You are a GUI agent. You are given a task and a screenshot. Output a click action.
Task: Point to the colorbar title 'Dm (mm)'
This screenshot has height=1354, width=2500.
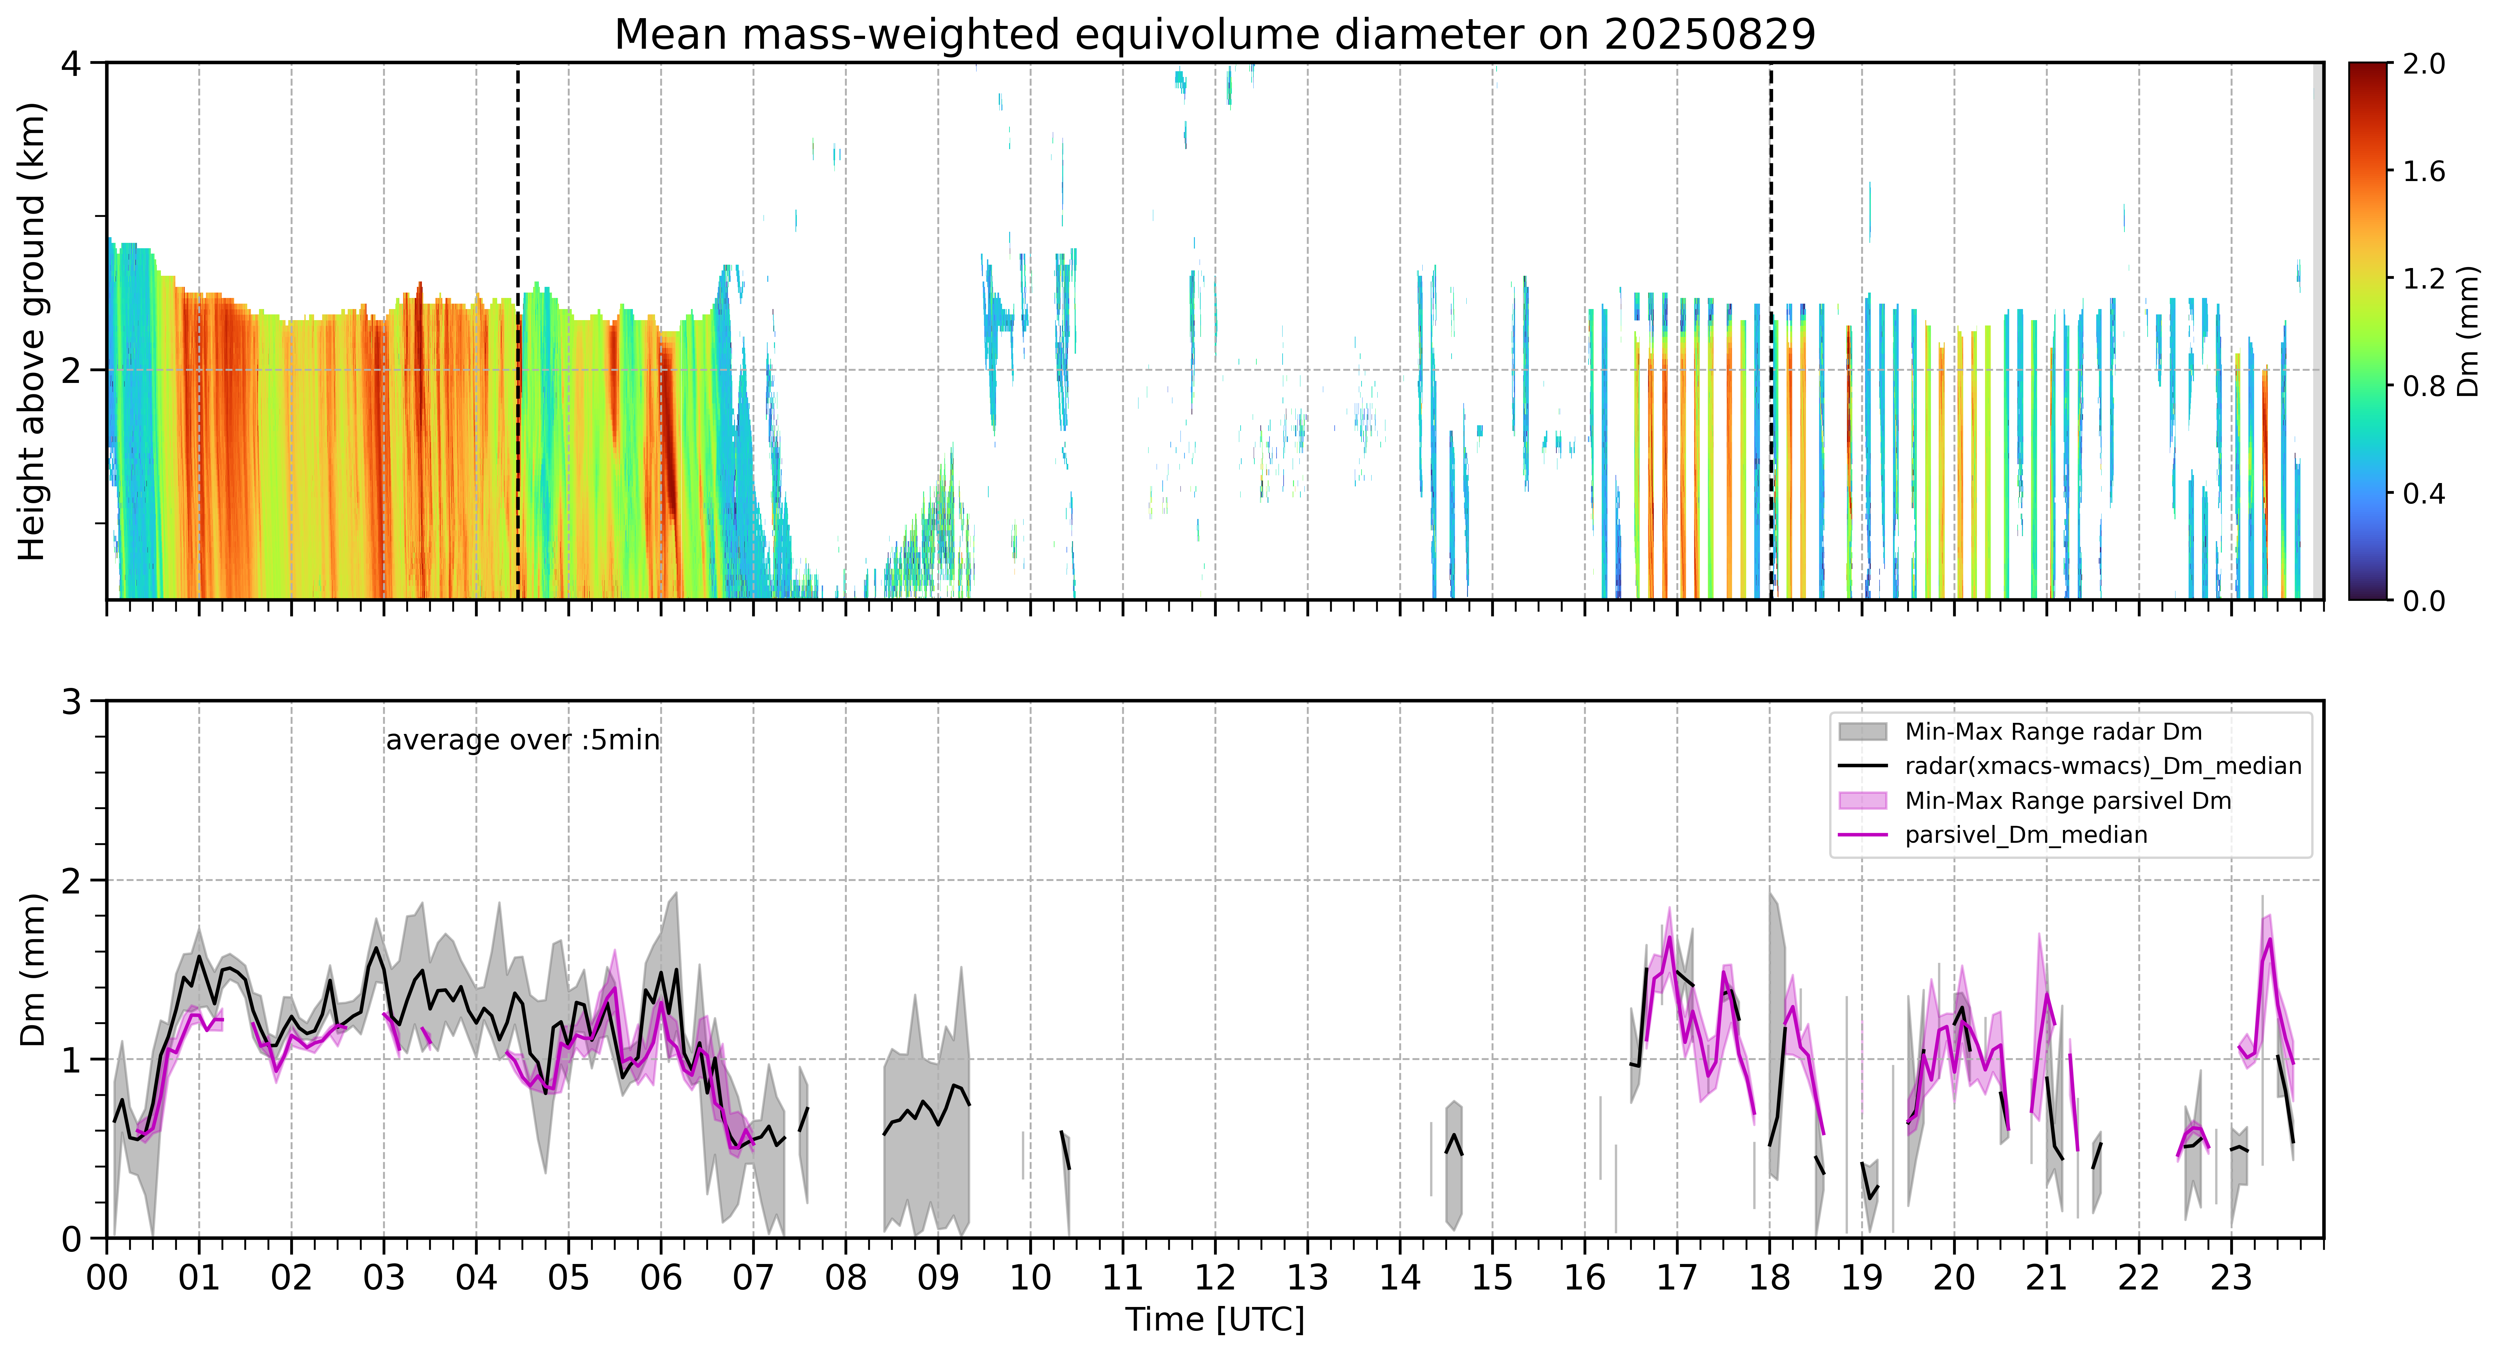pyautogui.click(x=2468, y=332)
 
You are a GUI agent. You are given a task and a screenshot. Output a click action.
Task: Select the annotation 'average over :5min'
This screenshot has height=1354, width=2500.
pyautogui.click(x=522, y=741)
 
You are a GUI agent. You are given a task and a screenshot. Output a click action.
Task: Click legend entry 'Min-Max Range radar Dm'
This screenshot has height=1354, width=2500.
pyautogui.click(x=2053, y=732)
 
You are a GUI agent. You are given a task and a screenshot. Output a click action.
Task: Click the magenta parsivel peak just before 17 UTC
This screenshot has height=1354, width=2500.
pyautogui.click(x=1668, y=937)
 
